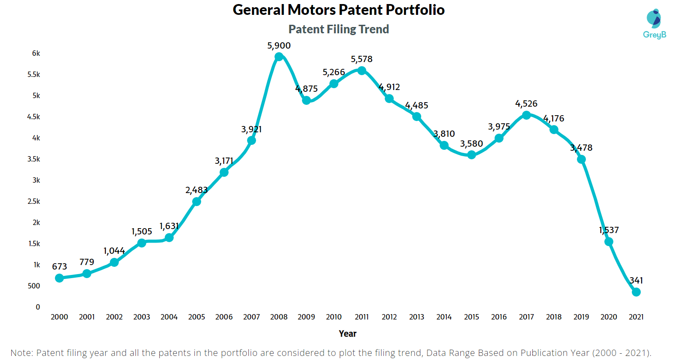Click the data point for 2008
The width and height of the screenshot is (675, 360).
click(279, 57)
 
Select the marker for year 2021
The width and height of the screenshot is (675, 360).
click(636, 292)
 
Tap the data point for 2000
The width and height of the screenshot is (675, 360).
click(59, 278)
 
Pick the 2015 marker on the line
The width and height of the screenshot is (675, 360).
click(471, 155)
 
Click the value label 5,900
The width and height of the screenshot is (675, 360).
click(279, 45)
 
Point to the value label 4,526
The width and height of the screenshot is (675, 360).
click(526, 104)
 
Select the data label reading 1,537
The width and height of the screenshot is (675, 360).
click(608, 230)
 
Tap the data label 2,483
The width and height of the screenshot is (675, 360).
click(197, 190)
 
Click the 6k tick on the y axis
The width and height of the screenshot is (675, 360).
click(36, 54)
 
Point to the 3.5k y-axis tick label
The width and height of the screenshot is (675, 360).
click(33, 159)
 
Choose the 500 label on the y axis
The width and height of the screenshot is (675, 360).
click(35, 286)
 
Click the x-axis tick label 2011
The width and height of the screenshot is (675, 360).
click(361, 317)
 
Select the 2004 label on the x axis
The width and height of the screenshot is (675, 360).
click(169, 317)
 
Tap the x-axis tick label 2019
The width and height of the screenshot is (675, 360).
click(581, 317)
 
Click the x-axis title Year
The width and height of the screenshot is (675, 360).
click(347, 334)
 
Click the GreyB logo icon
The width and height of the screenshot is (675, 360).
click(653, 18)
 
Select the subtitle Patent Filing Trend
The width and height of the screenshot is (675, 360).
click(338, 29)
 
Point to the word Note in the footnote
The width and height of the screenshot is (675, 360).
click(20, 352)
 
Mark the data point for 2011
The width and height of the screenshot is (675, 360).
click(361, 71)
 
